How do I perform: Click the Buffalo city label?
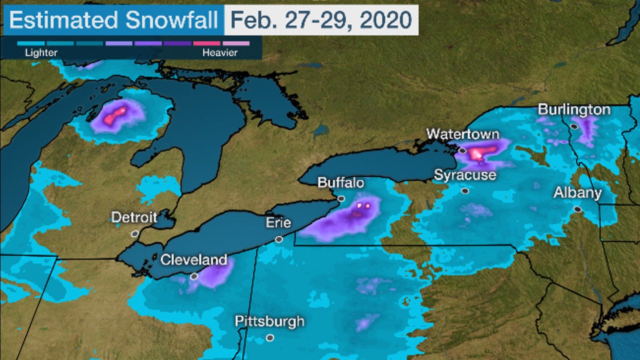[x=341, y=183]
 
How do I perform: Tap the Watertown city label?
[x=462, y=134]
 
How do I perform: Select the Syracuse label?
[x=465, y=175]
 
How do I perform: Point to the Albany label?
[x=577, y=193]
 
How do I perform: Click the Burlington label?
[x=574, y=110]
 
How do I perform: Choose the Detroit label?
[x=134, y=217]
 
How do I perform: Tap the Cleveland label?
[x=193, y=260]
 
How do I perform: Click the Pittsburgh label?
[x=269, y=321]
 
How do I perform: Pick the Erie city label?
[x=278, y=223]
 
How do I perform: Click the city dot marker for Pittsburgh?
[x=270, y=338]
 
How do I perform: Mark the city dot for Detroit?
[x=134, y=233]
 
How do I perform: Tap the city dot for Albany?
[x=578, y=209]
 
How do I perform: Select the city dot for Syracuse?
[x=465, y=190]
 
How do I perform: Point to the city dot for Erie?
[x=279, y=239]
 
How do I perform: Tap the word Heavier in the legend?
[x=220, y=52]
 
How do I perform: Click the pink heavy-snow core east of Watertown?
[x=483, y=151]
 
